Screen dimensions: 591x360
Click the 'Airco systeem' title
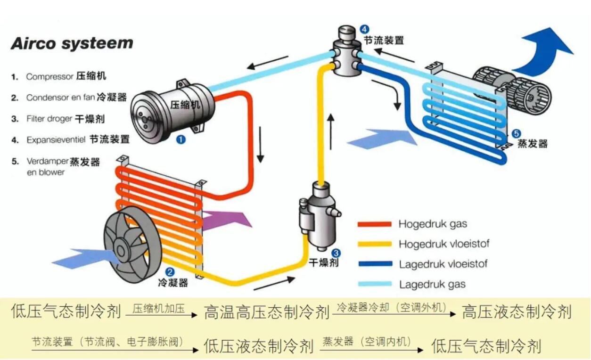click(72, 43)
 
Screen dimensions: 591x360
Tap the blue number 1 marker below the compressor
click(181, 139)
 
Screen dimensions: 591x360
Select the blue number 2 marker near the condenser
click(170, 272)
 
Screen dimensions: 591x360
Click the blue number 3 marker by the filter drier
click(336, 253)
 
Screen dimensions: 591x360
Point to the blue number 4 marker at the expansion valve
click(365, 29)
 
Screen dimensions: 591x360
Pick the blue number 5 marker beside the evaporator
click(517, 134)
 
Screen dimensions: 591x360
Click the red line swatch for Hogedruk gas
click(374, 224)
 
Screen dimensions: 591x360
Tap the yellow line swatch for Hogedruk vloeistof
click(374, 244)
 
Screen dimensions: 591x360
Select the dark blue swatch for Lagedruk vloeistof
click(375, 264)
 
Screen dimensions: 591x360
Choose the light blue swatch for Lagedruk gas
click(375, 284)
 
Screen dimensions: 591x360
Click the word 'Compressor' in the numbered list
click(49, 77)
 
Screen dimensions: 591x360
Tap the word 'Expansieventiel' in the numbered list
click(56, 140)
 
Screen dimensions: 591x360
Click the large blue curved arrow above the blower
click(544, 52)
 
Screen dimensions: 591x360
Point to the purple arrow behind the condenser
click(227, 220)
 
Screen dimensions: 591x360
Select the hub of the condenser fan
click(121, 250)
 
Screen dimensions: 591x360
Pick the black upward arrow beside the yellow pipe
click(331, 131)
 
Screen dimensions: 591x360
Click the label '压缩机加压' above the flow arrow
click(158, 308)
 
